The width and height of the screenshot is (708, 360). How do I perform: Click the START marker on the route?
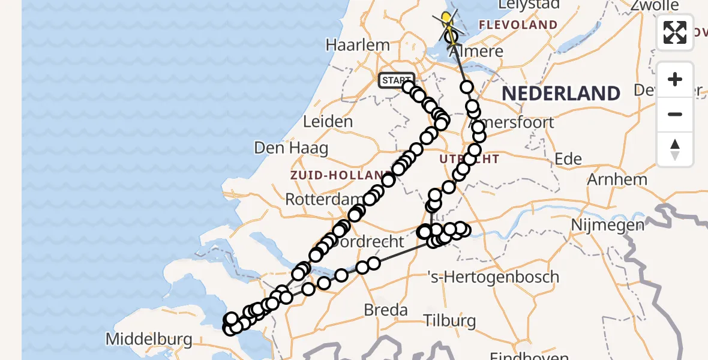[397, 80]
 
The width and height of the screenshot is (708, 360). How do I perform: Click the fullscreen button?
[675, 32]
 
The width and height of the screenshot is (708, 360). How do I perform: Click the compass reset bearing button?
[675, 149]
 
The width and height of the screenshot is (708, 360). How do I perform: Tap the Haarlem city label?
[358, 45]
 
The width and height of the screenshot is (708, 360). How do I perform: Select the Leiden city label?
[328, 122]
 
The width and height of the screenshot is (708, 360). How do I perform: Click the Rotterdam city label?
[324, 199]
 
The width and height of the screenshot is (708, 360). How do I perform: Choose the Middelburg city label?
[149, 340]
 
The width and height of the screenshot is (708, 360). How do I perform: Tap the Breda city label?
[386, 310]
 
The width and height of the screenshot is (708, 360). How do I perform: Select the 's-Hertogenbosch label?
[494, 277]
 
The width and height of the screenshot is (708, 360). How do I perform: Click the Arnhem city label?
[617, 179]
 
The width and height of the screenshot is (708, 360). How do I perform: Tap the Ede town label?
[568, 159]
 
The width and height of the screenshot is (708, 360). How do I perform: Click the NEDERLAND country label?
[561, 94]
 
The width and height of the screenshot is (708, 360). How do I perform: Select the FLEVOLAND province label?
[518, 25]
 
